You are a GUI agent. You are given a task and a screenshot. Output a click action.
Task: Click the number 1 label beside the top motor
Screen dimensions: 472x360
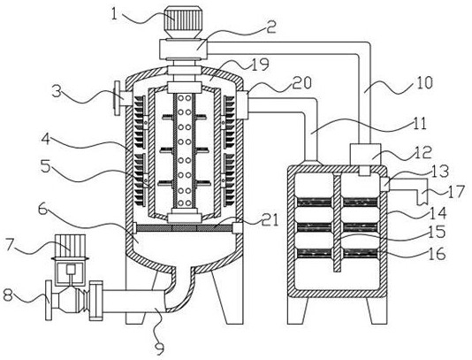pyautogui.click(x=114, y=13)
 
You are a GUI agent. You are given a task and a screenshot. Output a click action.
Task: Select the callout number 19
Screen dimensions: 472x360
pyautogui.click(x=260, y=64)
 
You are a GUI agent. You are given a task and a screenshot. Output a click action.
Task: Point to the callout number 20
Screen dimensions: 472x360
pyautogui.click(x=302, y=82)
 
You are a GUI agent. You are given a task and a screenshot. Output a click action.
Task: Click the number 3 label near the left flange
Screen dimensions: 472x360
pyautogui.click(x=57, y=91)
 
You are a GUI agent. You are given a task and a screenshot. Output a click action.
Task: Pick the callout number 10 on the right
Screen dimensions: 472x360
pyautogui.click(x=424, y=82)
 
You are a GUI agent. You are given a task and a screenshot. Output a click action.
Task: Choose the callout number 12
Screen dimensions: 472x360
pyautogui.click(x=423, y=152)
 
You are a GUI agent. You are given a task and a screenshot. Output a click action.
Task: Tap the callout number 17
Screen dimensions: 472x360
pyautogui.click(x=456, y=191)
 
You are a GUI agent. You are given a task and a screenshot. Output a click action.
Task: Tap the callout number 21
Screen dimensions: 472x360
pyautogui.click(x=270, y=221)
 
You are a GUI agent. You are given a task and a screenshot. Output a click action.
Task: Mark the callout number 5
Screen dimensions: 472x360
pyautogui.click(x=46, y=167)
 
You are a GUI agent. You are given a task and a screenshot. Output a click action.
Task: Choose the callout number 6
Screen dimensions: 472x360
pyautogui.click(x=43, y=209)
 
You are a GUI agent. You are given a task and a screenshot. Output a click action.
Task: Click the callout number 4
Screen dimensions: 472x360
pyautogui.click(x=46, y=140)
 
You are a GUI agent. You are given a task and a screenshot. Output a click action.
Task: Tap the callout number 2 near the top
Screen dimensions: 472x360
pyautogui.click(x=270, y=27)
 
